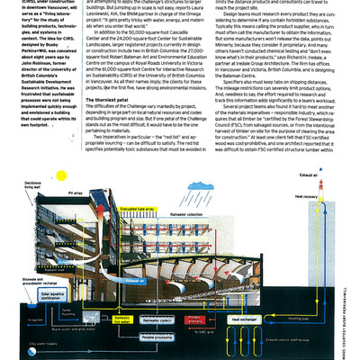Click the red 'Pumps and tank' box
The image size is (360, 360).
(x=219, y=320)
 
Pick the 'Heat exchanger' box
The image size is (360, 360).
(x=261, y=319)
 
